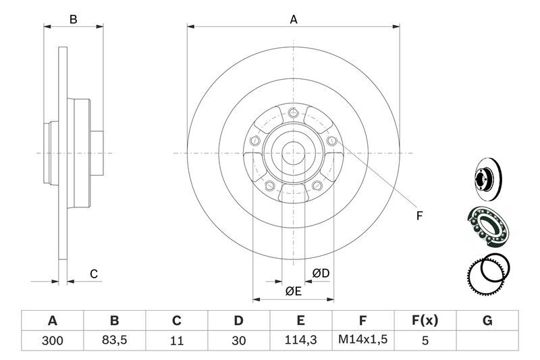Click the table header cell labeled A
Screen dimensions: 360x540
(53, 321)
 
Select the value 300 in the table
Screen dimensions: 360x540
(53, 341)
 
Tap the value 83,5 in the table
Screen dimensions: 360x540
(115, 341)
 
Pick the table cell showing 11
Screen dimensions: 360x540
(177, 341)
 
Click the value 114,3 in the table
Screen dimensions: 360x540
(301, 341)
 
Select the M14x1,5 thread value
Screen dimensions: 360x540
(363, 341)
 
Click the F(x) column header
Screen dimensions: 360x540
(425, 321)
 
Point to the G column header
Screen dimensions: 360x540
(487, 321)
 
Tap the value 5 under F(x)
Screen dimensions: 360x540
(425, 341)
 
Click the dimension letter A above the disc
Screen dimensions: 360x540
(294, 20)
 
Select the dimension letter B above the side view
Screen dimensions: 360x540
(74, 20)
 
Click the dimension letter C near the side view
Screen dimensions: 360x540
(94, 274)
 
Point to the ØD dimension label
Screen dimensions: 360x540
(321, 274)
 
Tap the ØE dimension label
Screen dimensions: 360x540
(293, 291)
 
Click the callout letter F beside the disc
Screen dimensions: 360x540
(418, 216)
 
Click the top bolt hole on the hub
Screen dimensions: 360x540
(293, 113)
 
